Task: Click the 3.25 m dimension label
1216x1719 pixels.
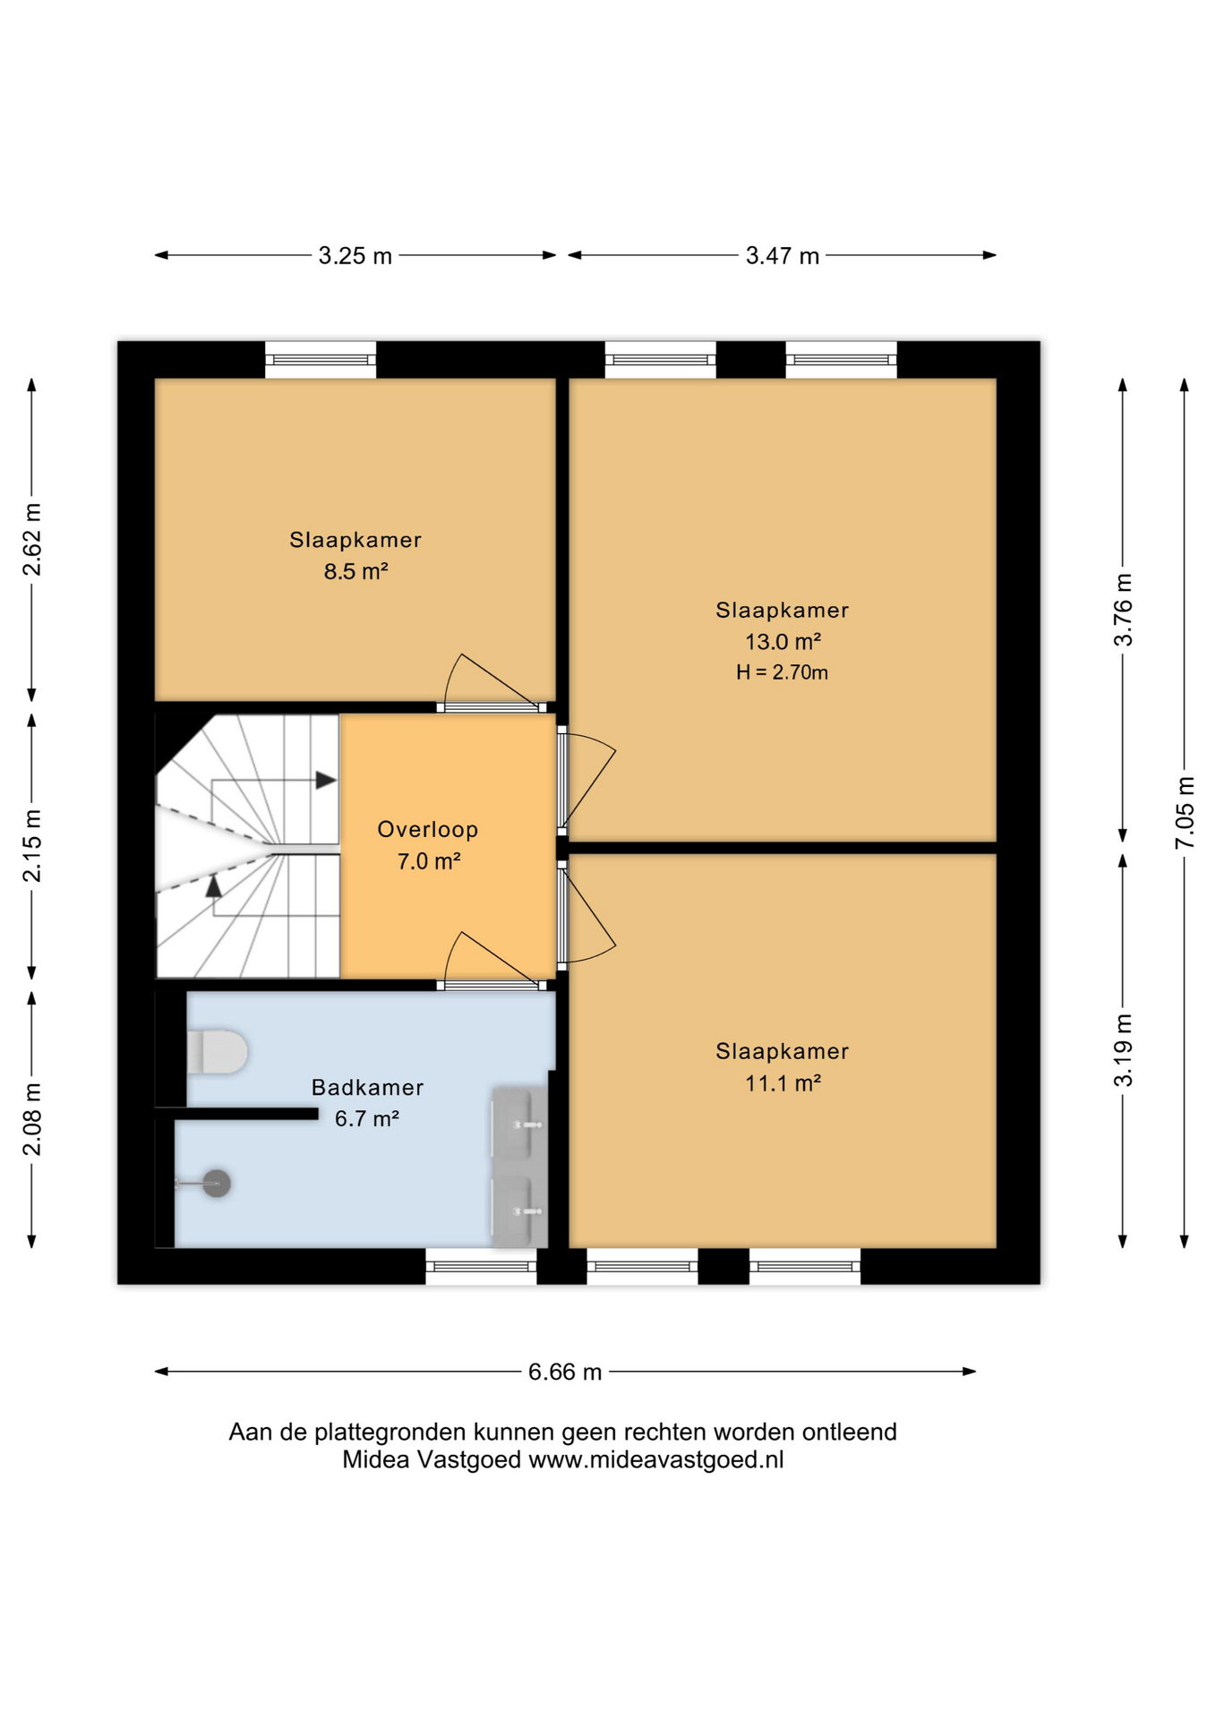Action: point(355,256)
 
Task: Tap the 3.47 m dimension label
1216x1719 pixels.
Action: point(783,256)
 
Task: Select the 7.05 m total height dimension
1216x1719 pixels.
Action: point(1185,813)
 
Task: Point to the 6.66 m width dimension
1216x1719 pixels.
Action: point(565,1372)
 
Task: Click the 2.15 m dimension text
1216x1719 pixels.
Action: point(32,845)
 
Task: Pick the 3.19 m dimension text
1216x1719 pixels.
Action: point(1123,1050)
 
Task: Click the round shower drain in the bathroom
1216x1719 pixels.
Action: point(217,1184)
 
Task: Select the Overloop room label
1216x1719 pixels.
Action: point(428,830)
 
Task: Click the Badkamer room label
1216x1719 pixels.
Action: point(367,1088)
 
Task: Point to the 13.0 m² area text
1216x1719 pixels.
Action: point(783,642)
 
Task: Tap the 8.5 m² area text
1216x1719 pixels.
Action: point(355,571)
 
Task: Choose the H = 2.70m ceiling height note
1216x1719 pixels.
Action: point(782,672)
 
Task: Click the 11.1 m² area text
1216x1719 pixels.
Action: point(783,1083)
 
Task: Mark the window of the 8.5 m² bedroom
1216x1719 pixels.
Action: point(321,360)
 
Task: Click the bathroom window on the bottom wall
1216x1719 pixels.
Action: point(481,1267)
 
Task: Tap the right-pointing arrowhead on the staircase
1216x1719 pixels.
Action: point(326,780)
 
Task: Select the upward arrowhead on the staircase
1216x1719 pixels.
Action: point(213,886)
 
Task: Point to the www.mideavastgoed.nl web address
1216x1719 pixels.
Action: point(656,1460)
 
